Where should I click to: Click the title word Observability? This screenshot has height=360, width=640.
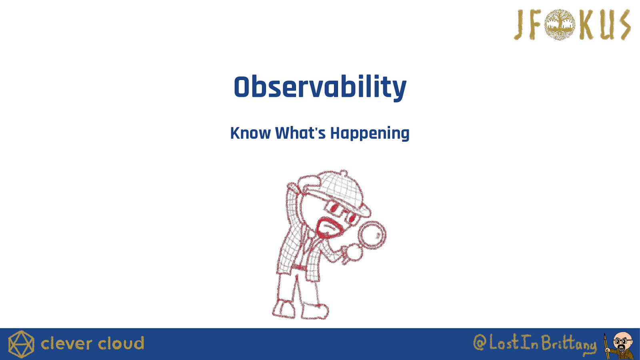coord(320,87)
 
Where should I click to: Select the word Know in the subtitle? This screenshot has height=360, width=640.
coord(250,133)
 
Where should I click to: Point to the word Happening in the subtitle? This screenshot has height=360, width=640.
coord(370,134)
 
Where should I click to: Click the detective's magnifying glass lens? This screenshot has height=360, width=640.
coord(372,235)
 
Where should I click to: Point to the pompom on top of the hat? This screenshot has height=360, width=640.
coord(344,173)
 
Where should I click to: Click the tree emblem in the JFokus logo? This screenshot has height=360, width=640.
coord(560,24)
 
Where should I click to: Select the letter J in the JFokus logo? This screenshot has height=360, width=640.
coord(520,25)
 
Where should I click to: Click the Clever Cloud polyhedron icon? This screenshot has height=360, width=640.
coord(21,344)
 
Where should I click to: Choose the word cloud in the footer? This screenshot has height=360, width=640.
coord(121,344)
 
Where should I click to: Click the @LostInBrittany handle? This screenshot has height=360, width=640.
coord(535,344)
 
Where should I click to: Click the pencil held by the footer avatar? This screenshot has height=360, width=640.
coord(606,346)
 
